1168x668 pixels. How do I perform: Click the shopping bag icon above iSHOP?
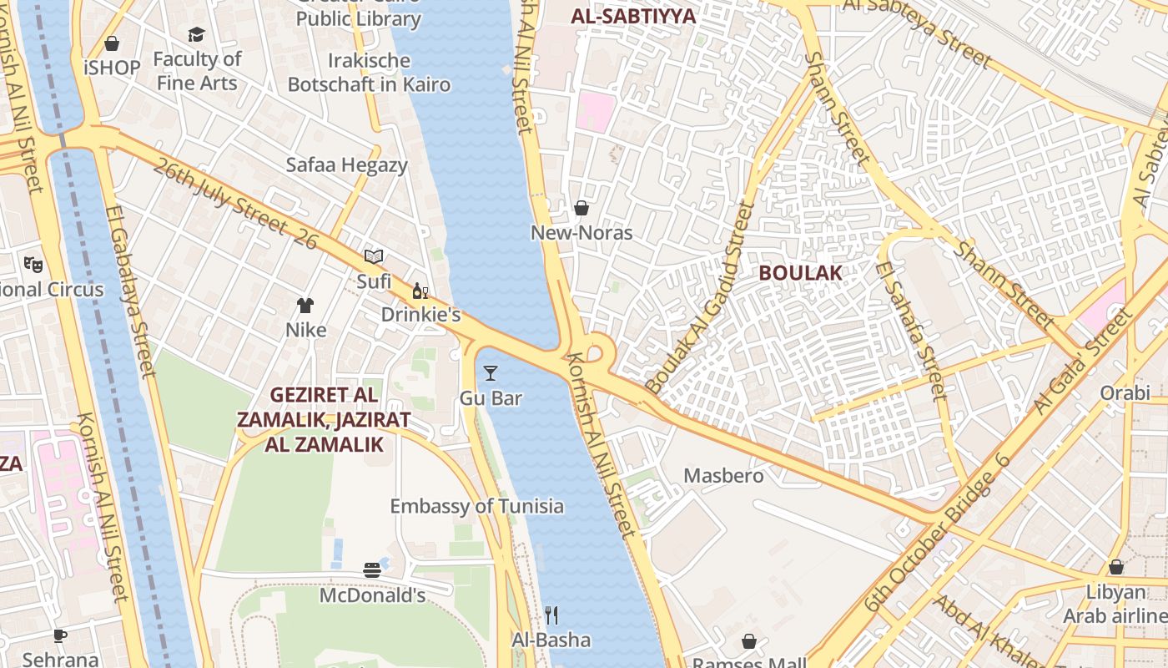112,43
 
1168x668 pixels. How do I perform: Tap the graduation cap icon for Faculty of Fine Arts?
196,34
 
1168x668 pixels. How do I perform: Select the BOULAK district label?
800,273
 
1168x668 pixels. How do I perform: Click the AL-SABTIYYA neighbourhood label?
633,15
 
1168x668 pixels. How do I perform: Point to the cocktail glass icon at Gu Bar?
491,373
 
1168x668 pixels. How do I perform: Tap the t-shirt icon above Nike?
305,306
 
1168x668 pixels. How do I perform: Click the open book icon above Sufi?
374,257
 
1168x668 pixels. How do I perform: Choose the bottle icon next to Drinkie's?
420,291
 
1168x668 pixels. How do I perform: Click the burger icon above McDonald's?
372,570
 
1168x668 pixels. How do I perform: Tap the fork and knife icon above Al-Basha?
551,615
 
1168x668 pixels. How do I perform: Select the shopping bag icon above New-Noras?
581,208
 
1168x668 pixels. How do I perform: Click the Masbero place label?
723,476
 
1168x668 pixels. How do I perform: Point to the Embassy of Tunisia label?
476,506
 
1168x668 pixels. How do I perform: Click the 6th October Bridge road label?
937,534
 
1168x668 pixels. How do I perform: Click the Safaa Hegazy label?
346,164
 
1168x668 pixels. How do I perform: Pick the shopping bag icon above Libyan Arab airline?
1115,568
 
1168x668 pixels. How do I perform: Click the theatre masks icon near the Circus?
33,265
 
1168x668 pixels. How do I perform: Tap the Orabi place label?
1124,392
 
